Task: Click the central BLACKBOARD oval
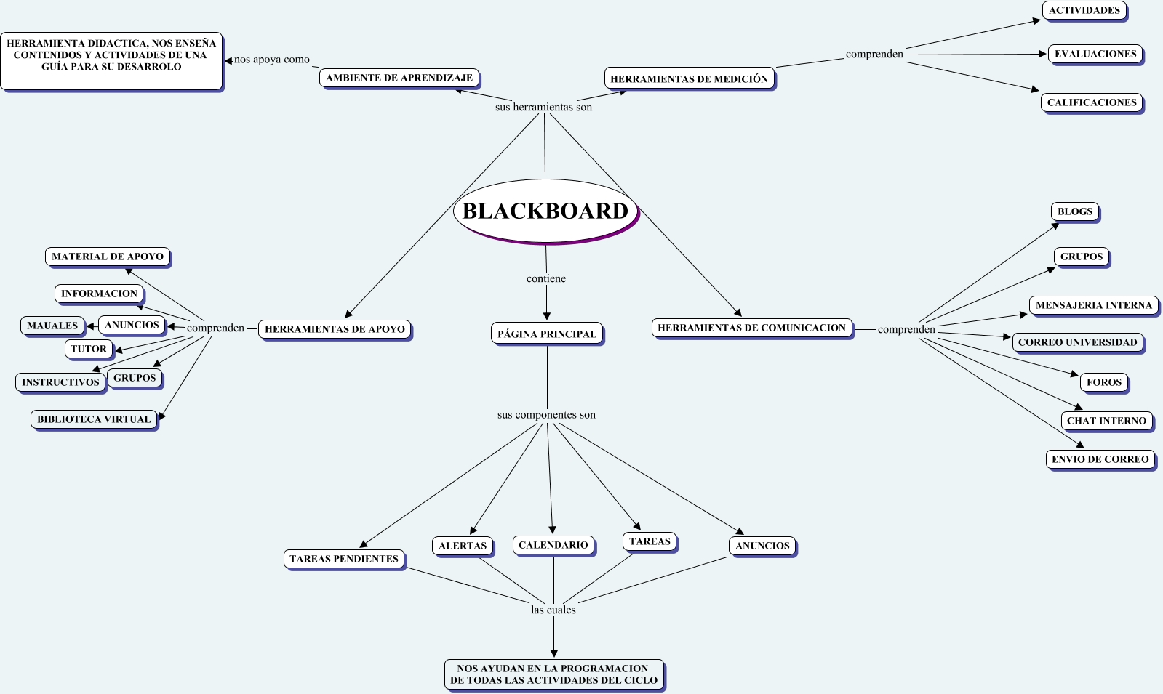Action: coord(545,211)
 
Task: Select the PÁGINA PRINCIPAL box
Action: coord(547,334)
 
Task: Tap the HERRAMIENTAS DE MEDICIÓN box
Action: coord(689,78)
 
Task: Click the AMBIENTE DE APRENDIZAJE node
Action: coord(399,78)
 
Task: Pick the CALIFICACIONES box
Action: coord(1092,102)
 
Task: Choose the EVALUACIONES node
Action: coord(1095,54)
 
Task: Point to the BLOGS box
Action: coord(1075,211)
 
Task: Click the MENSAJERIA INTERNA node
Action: coord(1093,305)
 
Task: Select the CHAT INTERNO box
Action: coord(1106,420)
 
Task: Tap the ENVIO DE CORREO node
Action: coord(1100,459)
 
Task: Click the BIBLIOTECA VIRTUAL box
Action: coord(94,419)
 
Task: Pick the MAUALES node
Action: coord(52,326)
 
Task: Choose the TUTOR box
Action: coord(89,349)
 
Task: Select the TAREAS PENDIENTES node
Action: coord(344,559)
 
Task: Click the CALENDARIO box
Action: coord(553,545)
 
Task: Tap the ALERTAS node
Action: coord(463,546)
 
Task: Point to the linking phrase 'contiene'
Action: coord(546,278)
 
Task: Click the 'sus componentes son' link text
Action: coord(546,415)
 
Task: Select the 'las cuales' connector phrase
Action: coord(553,610)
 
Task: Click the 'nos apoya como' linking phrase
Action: coord(272,60)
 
